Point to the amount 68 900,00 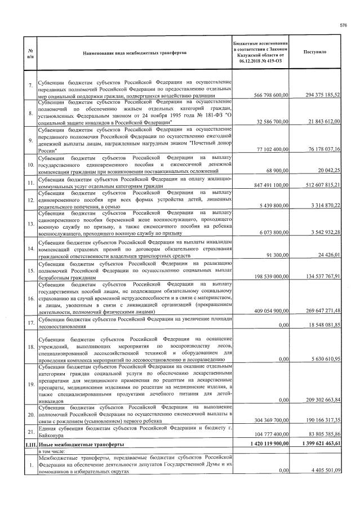coord(277,170)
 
